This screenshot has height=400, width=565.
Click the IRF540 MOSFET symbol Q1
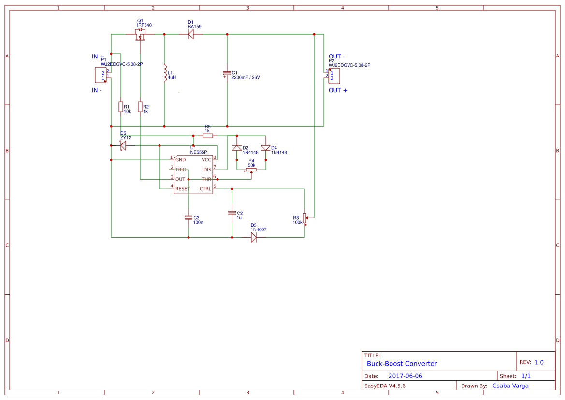point(140,35)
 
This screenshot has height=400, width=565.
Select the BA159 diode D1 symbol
point(190,34)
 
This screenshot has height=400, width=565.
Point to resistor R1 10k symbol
point(120,107)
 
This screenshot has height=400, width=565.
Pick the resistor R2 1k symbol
point(140,107)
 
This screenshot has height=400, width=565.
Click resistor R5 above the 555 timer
point(207,136)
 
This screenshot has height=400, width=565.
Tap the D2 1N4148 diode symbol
point(237,148)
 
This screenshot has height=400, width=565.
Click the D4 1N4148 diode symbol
point(265,148)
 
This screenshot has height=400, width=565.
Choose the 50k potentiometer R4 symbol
point(251,170)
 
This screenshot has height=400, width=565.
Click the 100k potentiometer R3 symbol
point(304,218)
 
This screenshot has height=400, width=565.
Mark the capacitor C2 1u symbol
point(232,213)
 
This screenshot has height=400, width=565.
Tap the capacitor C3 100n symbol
point(188,218)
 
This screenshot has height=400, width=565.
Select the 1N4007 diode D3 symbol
point(254,237)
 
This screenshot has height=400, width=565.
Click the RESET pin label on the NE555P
point(183,189)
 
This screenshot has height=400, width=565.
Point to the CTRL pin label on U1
point(205,189)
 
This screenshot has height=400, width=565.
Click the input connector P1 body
point(101,75)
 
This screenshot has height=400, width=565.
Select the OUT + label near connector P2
point(338,90)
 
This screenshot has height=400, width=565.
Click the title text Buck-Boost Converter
point(402,364)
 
